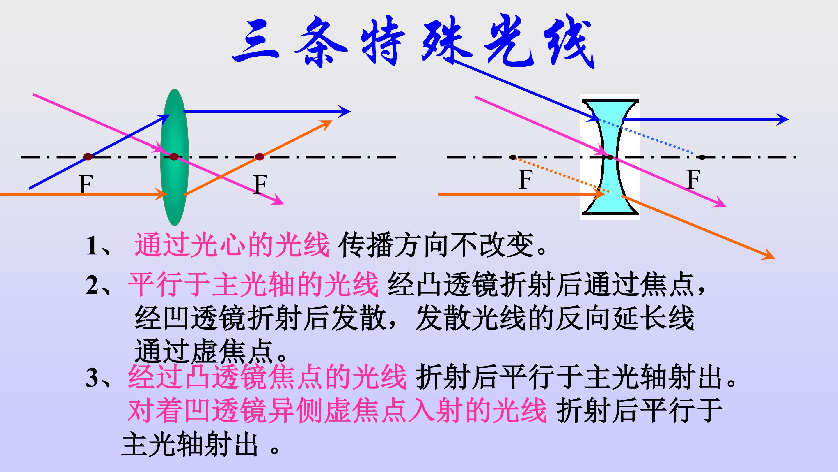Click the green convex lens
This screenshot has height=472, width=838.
coord(175,157)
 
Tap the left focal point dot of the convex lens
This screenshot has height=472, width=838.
coord(88,157)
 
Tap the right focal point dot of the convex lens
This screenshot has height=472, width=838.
coord(259,157)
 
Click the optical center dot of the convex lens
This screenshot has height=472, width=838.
coord(174,157)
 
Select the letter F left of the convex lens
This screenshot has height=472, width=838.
coord(86,185)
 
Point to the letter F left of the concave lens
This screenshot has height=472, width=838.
coord(526,179)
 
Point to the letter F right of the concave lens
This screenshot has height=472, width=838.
coord(694,179)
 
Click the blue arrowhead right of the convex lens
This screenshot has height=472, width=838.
coord(345,112)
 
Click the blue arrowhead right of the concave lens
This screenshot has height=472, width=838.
coord(783,119)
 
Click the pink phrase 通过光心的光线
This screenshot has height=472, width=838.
coord(232,245)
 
